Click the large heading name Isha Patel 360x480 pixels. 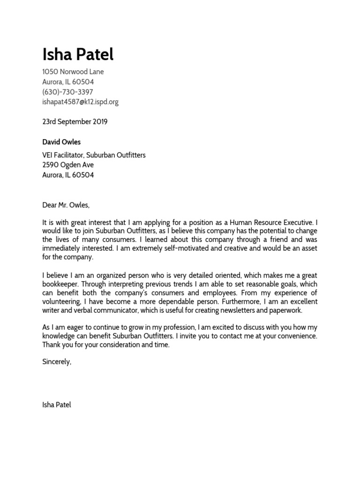(x=78, y=55)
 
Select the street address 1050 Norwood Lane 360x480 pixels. (x=73, y=72)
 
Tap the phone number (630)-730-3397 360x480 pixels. (x=67, y=92)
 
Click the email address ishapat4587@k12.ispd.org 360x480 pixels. (x=80, y=102)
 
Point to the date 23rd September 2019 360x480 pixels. (x=75, y=122)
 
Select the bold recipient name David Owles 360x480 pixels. (x=61, y=142)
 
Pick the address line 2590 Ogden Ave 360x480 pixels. (x=68, y=165)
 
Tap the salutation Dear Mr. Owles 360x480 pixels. (x=65, y=205)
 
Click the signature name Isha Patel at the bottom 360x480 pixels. (x=57, y=405)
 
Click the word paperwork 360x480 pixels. (x=285, y=310)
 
